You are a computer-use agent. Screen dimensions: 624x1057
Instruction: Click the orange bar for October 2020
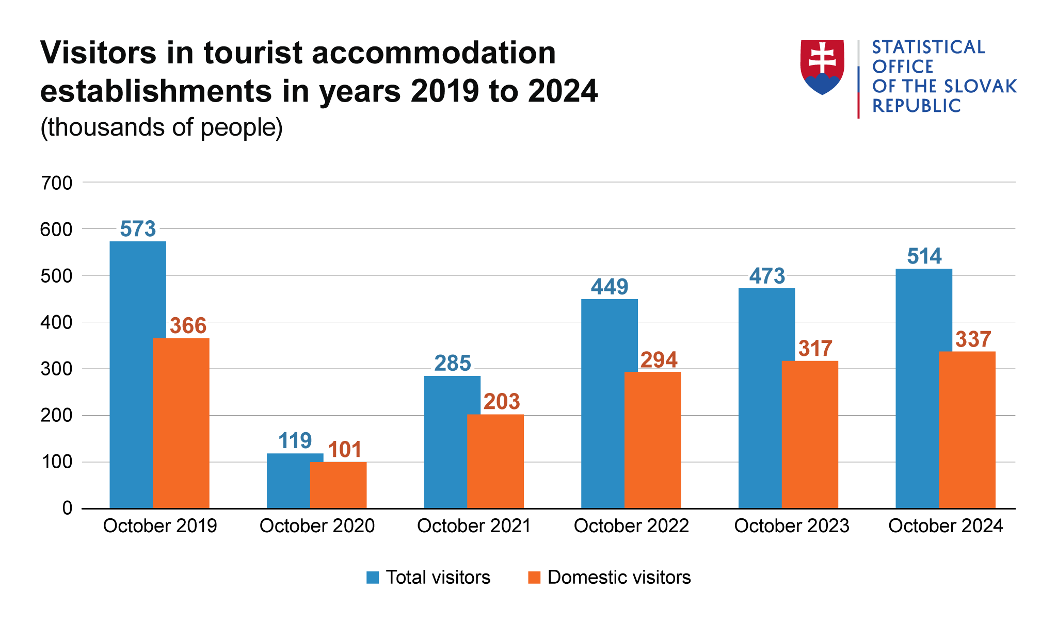coord(338,485)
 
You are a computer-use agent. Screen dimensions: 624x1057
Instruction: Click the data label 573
coord(138,229)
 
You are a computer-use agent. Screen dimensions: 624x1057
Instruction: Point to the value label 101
coord(345,450)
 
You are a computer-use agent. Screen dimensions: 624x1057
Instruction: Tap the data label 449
coord(610,287)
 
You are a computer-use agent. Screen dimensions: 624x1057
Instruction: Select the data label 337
coord(973,339)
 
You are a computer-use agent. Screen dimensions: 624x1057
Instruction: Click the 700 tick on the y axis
coord(56,183)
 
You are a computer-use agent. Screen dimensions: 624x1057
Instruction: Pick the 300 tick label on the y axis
coord(56,369)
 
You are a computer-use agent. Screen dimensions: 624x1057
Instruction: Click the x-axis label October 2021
coord(474,526)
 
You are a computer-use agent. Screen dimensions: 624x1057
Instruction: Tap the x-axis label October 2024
coord(945,526)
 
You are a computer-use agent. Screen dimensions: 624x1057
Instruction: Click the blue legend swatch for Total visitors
coord(373,577)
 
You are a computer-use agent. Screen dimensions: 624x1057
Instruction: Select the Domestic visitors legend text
coord(619,577)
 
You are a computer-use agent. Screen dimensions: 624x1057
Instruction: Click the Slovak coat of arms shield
coord(822,67)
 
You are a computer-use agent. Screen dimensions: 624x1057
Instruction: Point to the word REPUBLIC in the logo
coord(916,106)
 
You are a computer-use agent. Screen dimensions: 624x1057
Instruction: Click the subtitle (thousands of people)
coord(162,127)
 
